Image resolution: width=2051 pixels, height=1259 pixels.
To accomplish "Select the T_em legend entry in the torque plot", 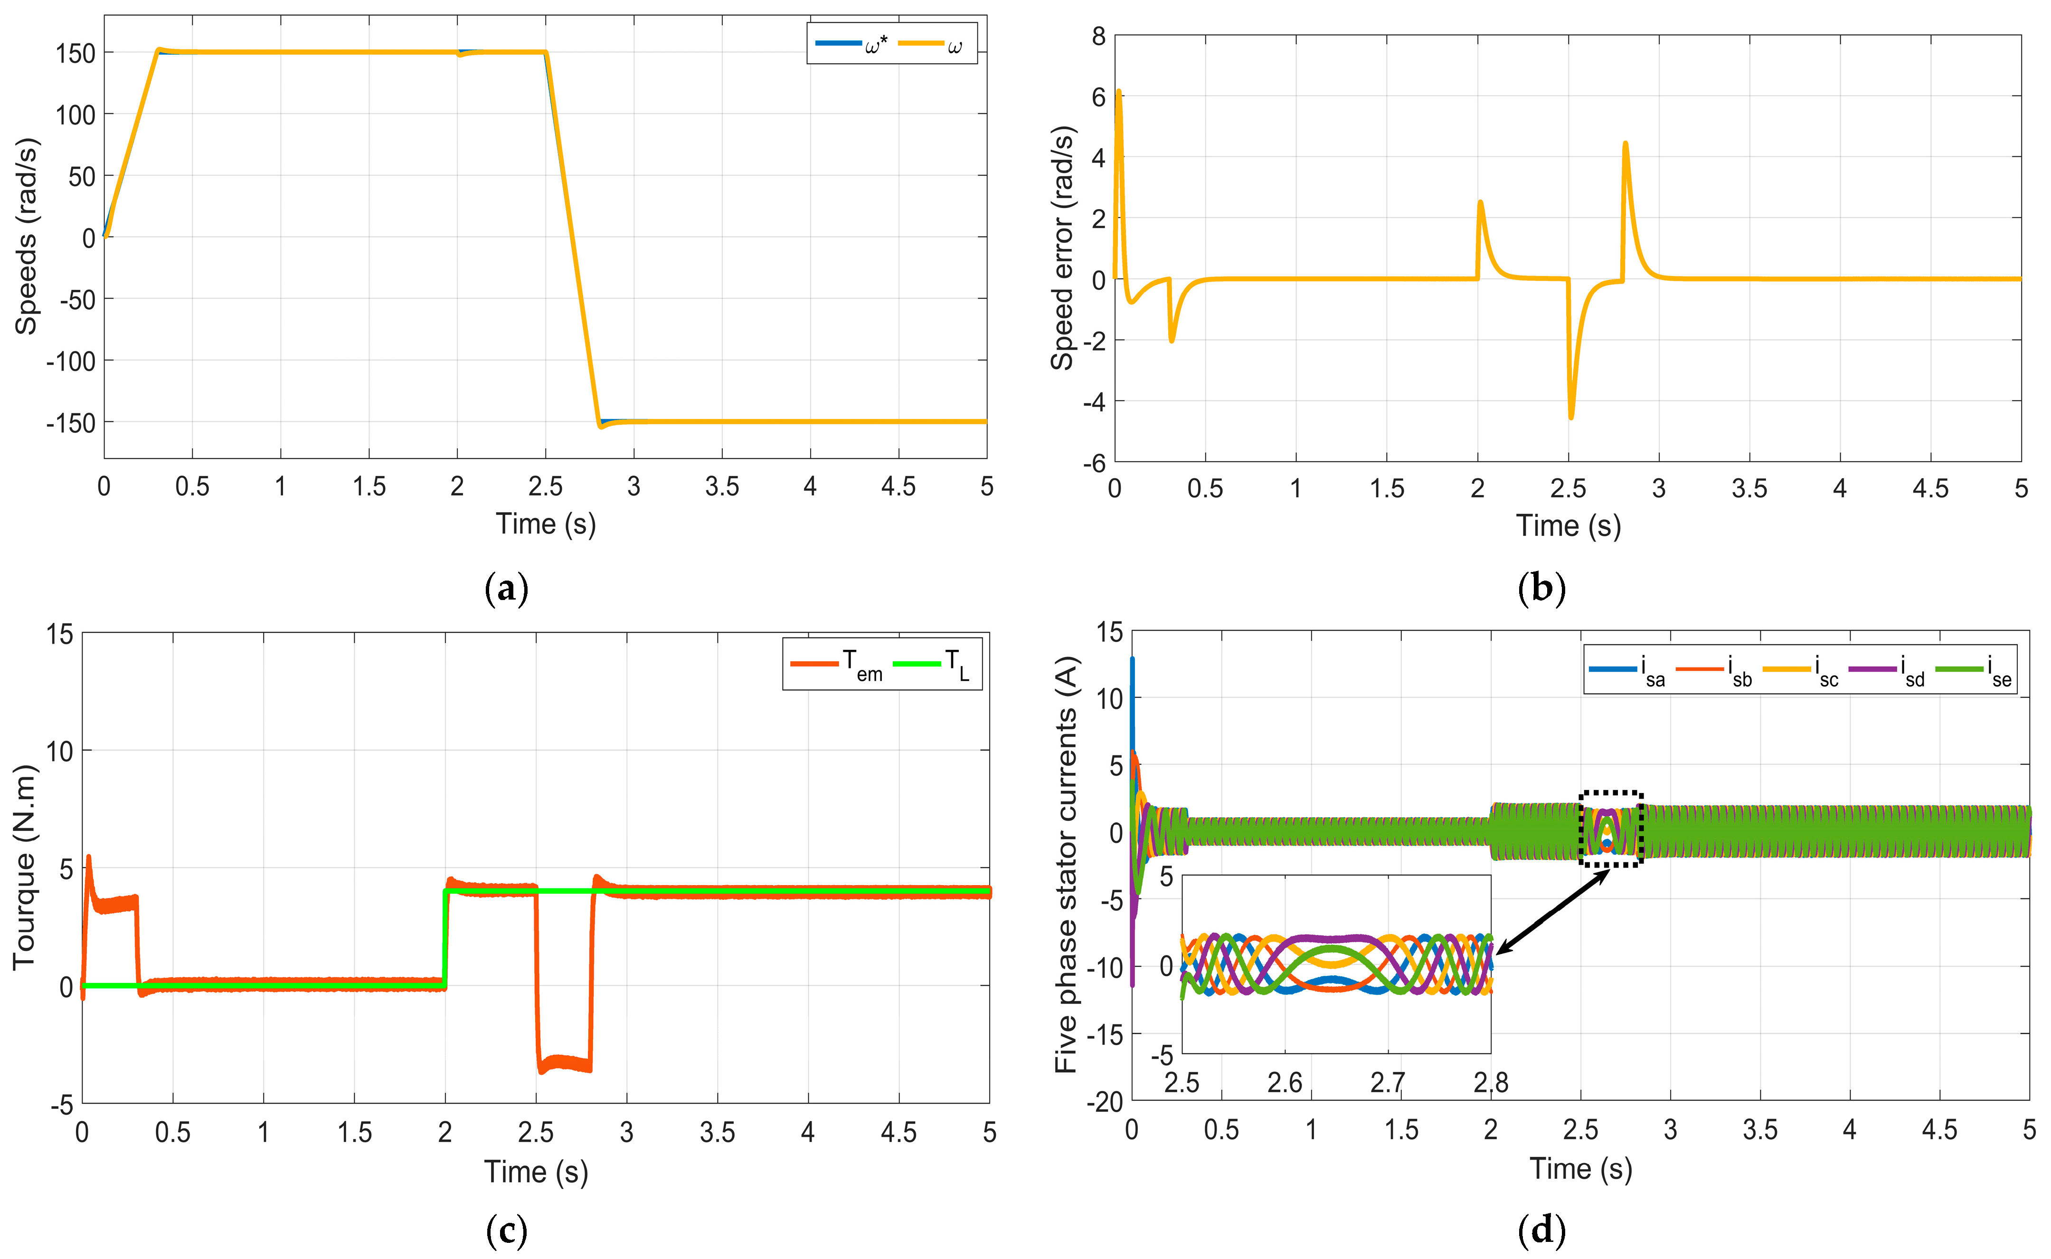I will coord(837,665).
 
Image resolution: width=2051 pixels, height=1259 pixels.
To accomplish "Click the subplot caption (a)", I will coord(506,589).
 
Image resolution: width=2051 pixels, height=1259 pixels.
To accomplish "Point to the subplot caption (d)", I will coord(1541,1230).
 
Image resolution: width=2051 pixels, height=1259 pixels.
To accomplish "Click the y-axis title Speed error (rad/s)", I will coord(1062,248).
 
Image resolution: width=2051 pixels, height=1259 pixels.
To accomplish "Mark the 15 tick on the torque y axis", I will coord(60,635).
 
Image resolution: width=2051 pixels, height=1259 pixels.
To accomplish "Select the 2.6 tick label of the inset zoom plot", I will coord(1285,1082).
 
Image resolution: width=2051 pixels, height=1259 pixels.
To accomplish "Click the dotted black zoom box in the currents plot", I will coord(1611,829).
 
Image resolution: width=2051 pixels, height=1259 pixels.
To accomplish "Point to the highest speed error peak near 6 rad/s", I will coord(1119,92).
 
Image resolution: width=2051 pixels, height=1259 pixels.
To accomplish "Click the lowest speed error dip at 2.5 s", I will coord(1571,416).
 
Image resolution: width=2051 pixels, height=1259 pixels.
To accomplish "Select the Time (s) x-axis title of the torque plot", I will coord(536,1172).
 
